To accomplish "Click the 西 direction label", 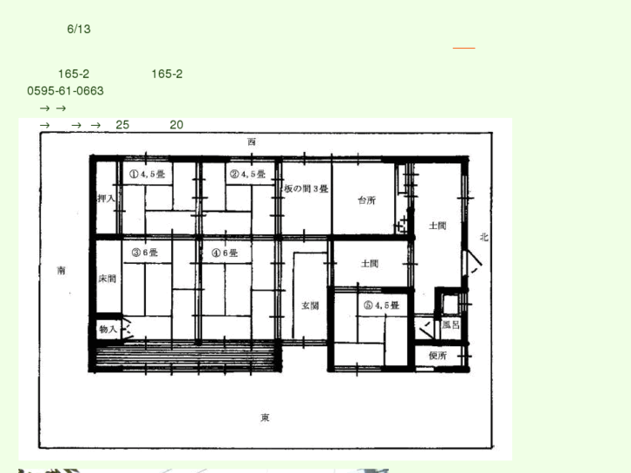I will click(252, 141).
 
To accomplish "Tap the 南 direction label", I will click(62, 270).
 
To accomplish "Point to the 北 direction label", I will click(484, 236).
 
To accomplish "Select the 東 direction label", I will click(265, 418).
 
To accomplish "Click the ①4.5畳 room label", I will click(148, 174).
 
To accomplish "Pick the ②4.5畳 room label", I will click(247, 174).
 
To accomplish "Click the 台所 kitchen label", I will click(366, 200).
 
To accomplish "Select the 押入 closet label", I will click(107, 199).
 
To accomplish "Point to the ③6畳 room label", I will click(145, 253).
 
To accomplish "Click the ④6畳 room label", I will click(225, 253).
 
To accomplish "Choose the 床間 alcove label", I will click(107, 279).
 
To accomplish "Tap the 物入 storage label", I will click(108, 329).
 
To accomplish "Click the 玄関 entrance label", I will click(310, 305).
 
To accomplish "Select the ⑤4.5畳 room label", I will click(380, 305).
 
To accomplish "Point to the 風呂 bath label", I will click(450, 325).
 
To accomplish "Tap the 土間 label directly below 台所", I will click(370, 264).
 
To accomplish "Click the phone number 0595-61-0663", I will click(66, 90).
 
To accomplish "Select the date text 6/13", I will click(79, 29).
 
